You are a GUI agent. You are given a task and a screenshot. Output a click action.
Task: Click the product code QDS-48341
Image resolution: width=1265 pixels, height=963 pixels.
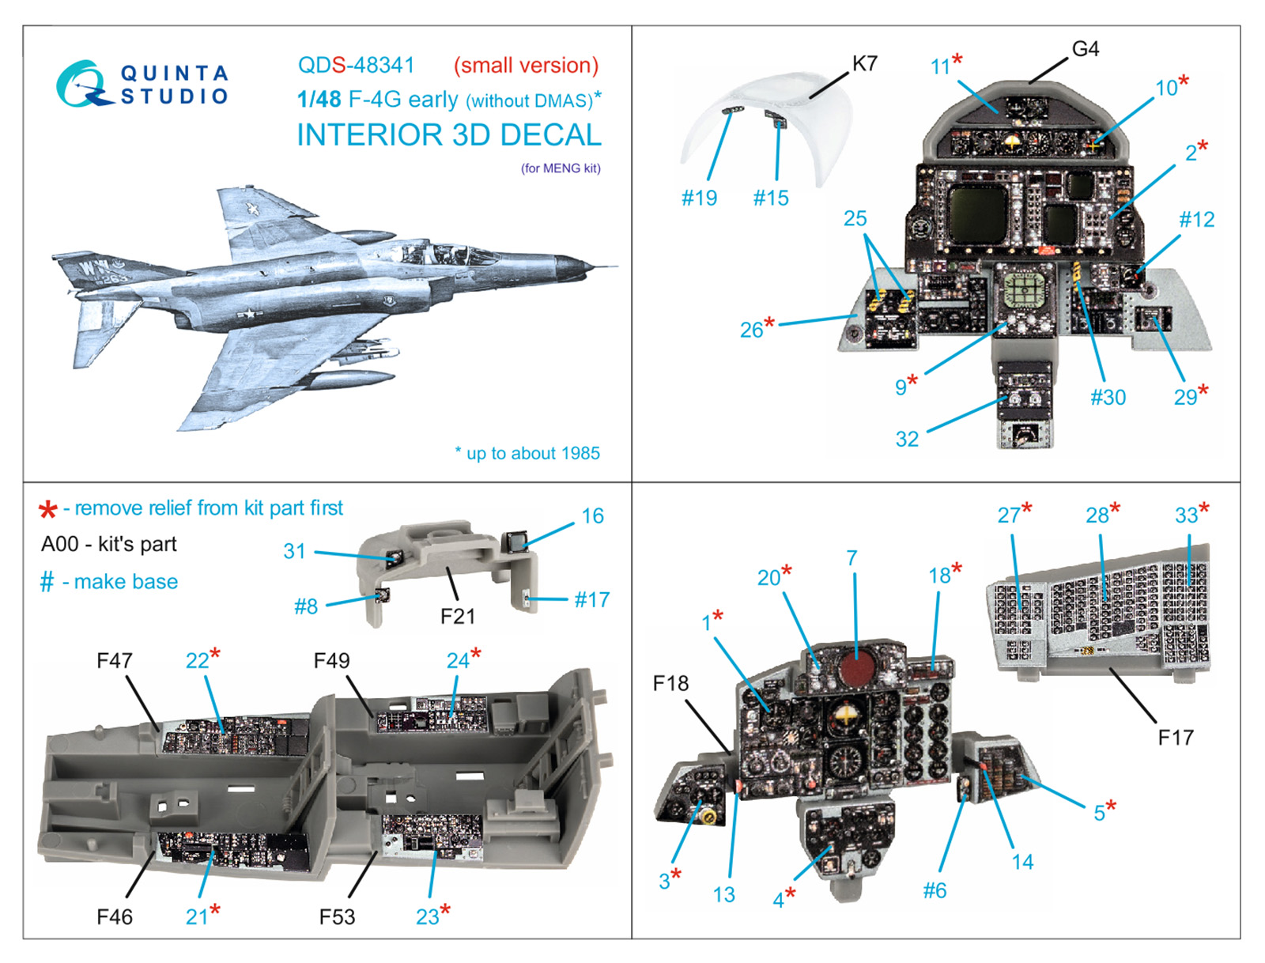pos(356,66)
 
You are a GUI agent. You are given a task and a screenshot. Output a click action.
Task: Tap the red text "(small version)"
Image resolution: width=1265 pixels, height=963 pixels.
pos(526,66)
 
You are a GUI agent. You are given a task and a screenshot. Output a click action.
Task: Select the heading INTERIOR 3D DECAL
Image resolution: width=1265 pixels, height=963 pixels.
pos(448,135)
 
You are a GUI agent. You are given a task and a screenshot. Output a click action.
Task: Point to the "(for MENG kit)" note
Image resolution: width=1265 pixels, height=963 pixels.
pos(561,168)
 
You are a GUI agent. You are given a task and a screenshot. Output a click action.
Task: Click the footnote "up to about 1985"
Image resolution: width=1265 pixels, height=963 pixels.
pos(532,454)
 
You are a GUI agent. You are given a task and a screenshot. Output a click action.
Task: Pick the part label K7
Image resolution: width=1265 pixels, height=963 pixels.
pos(864,63)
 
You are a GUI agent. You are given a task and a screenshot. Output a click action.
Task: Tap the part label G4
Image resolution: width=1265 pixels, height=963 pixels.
pos(1085,49)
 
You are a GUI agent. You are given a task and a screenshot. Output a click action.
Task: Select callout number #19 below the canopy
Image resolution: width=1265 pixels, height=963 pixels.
pos(699,198)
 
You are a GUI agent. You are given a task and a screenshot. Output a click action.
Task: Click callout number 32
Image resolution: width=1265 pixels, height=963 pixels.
pos(907,439)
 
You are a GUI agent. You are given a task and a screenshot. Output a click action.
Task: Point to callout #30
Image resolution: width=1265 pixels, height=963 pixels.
pos(1108,397)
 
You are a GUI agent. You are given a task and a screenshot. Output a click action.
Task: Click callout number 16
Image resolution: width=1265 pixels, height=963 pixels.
pos(592,516)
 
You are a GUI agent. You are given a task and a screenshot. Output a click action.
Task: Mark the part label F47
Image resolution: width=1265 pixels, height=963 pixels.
pos(115,660)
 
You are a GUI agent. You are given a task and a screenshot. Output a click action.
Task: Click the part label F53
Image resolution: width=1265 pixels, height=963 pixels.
pos(337,916)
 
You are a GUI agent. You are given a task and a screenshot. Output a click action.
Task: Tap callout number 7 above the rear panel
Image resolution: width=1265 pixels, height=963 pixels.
pos(852,558)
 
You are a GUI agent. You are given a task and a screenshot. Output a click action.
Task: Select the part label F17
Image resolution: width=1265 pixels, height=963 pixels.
pos(1175,738)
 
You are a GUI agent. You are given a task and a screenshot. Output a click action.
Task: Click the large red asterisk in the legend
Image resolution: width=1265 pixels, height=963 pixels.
pos(48,510)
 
